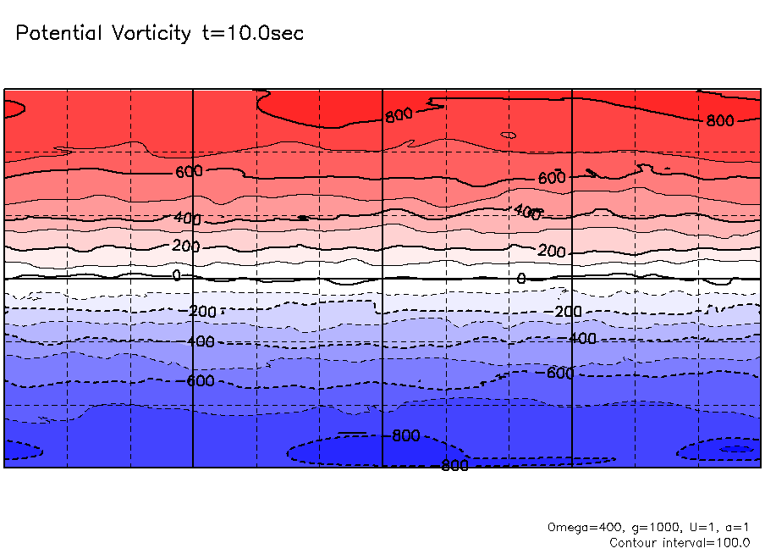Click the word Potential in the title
coord(58,34)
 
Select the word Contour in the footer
coord(636,542)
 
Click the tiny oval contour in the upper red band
coord(508,135)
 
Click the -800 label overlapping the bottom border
coord(454,465)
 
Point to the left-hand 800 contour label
coord(399,115)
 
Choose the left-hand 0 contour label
coord(176,275)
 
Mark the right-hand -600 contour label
coord(559,373)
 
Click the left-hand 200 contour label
coord(186,247)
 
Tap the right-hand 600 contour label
coord(551,178)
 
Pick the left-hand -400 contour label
coord(200,341)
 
